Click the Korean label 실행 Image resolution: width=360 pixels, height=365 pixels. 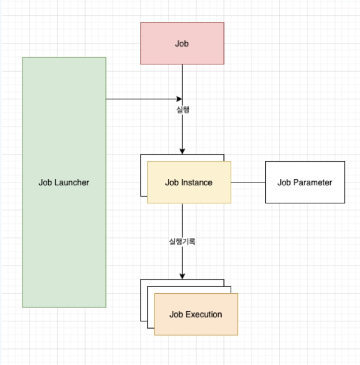coord(182,110)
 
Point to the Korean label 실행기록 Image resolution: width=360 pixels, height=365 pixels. coord(182,241)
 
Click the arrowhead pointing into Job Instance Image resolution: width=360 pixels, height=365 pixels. coord(182,151)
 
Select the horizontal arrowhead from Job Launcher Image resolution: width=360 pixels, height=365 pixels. coord(180,99)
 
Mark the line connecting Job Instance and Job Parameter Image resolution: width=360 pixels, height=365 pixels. coord(248,182)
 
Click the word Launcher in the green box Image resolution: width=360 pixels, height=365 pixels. coord(72,182)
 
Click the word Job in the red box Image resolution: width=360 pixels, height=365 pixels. coord(182,44)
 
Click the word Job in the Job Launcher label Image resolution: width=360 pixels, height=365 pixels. coord(46,182)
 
